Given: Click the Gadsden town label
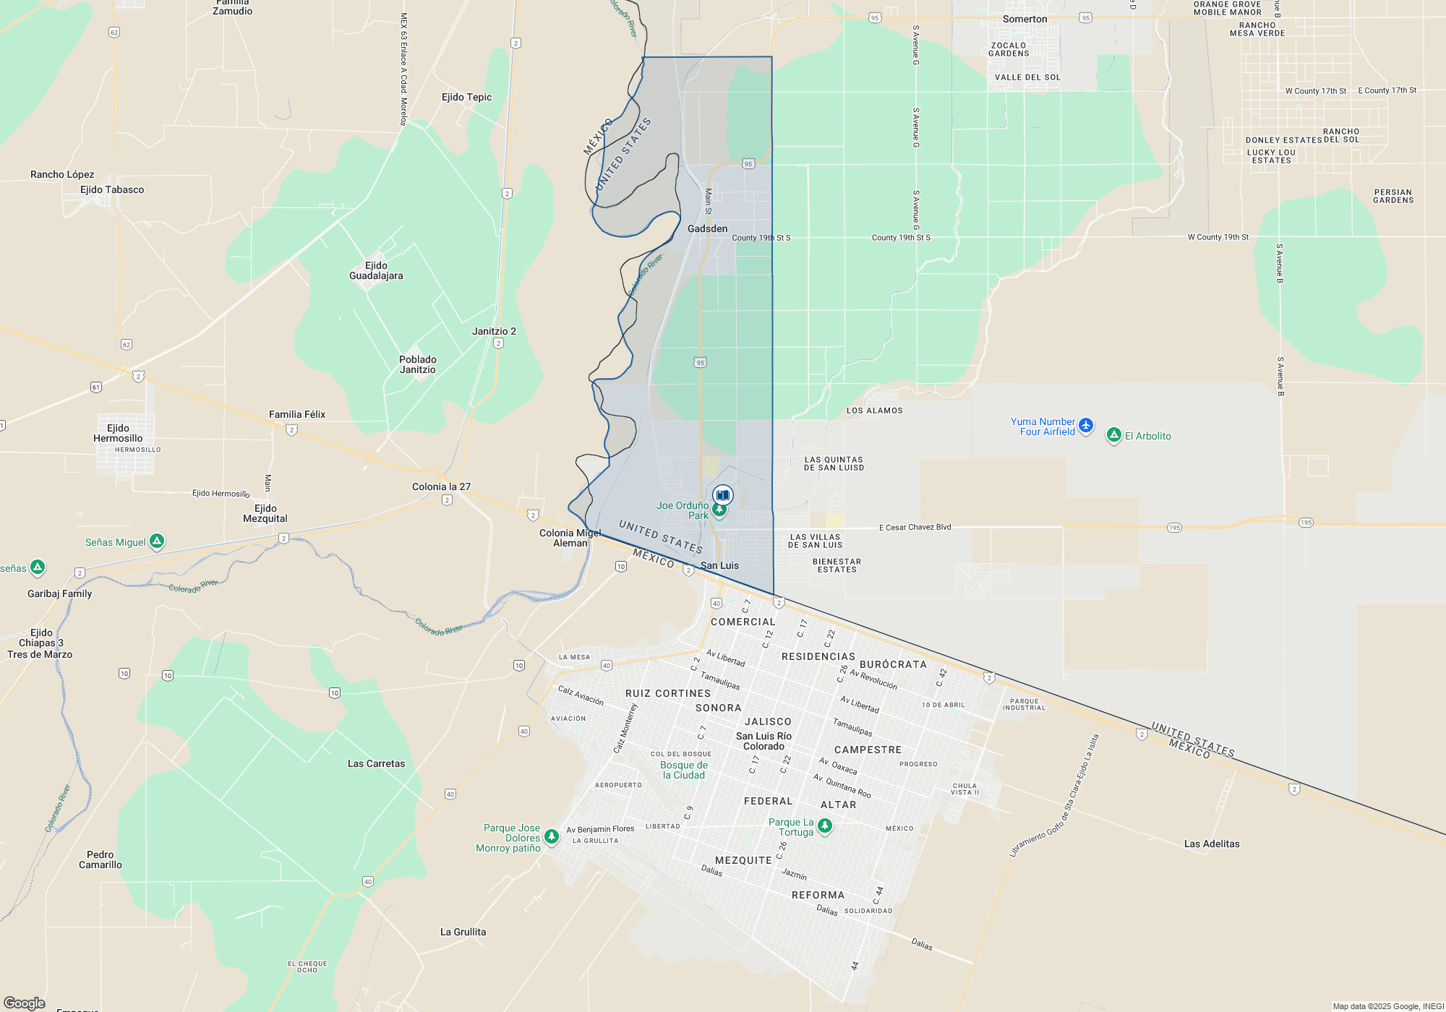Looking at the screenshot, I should pos(707,228).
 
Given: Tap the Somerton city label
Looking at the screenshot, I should pos(1024,19).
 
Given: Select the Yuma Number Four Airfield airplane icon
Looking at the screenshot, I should pos(1086,426).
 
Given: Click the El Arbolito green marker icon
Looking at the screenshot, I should pos(1114,434).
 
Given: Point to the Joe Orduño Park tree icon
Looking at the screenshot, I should pos(719,510).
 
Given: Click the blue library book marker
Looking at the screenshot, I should pos(722,495).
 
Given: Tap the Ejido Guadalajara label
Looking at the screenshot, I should pos(376,270).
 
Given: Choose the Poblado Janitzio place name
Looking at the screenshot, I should pos(418,364).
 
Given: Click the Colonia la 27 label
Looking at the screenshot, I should pos(441,486).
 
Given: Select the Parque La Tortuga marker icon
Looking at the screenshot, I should pos(824,826).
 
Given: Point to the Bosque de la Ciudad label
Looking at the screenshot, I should pos(684,770).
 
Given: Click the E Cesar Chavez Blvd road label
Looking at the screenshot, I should pos(915,527).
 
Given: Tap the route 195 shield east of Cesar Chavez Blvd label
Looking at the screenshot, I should pos(1174,528).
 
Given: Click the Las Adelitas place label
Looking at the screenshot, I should pos(1212,844).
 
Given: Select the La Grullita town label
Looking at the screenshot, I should pos(463,932).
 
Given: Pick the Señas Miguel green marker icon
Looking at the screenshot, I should pos(157,541).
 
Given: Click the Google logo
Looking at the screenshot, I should pos(25,1003).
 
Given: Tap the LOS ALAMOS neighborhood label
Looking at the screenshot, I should pos(874,411).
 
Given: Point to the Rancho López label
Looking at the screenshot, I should pos(62,174).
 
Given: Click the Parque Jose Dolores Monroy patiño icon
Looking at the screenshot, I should pos(552,836).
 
